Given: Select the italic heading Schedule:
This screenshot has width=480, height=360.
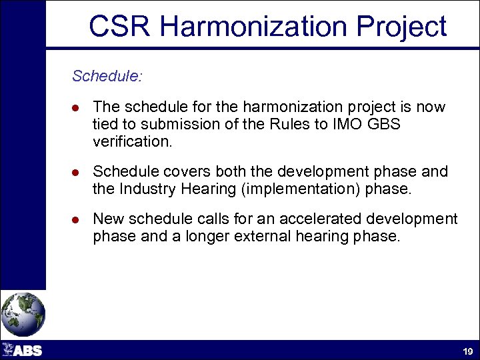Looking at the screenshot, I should (x=107, y=76).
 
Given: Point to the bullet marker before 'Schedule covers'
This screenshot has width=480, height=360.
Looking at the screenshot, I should (x=77, y=173).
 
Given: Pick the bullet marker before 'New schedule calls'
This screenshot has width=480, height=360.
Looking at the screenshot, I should (x=77, y=220).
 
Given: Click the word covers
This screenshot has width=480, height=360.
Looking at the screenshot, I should (x=179, y=172).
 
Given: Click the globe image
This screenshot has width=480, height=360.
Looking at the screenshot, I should (x=23, y=314).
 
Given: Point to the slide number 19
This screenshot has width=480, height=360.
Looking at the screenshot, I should (x=467, y=351).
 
